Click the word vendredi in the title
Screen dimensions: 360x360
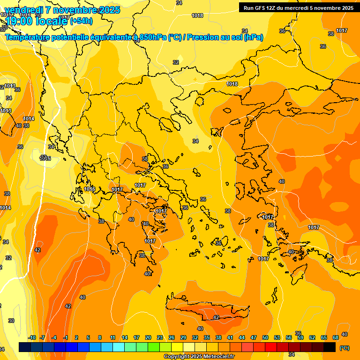click(x=23, y=10)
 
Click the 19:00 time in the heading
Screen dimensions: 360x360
click(x=19, y=21)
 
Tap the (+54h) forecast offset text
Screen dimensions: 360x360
click(x=81, y=21)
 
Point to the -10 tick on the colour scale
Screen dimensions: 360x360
click(x=32, y=337)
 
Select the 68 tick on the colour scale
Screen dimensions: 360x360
click(x=336, y=337)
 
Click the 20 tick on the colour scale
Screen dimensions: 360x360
click(x=148, y=337)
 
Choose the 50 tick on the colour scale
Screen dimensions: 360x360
click(x=265, y=337)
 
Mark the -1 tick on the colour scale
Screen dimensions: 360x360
click(x=66, y=337)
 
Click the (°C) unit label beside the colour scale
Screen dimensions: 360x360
click(x=345, y=348)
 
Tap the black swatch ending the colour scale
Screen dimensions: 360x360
click(x=330, y=347)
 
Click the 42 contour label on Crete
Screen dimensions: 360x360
click(x=216, y=317)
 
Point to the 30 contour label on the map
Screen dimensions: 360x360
click(x=11, y=321)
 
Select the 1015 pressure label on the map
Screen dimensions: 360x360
click(x=45, y=159)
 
